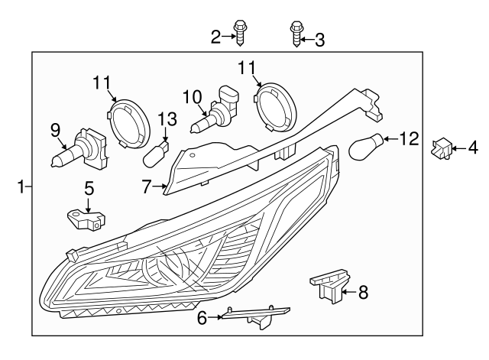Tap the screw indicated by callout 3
pos(295,34)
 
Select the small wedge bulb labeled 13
pos(157,152)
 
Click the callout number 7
pos(147,184)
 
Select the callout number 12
pos(409,138)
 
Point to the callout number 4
pos(472,146)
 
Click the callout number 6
pos(202,318)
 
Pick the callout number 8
pos(363,290)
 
